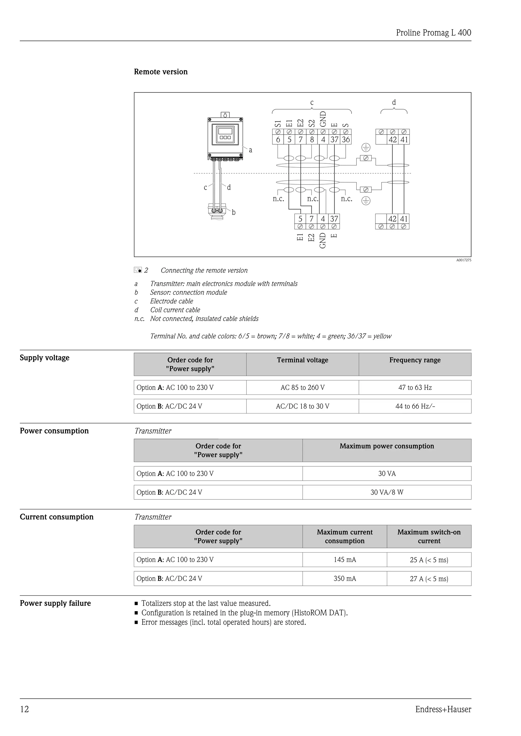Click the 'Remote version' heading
click(x=161, y=72)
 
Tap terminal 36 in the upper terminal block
click(x=345, y=140)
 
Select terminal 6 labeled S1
click(x=278, y=140)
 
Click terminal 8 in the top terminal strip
click(x=312, y=140)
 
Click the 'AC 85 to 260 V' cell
click(x=302, y=388)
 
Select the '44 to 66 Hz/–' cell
click(x=415, y=406)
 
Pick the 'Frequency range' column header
click(x=415, y=360)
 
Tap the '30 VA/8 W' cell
click(x=387, y=492)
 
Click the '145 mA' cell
click(x=344, y=560)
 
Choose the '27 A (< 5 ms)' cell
click(x=429, y=579)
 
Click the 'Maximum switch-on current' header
click(x=429, y=536)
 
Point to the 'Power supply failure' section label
click(x=55, y=603)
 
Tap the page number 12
click(x=24, y=709)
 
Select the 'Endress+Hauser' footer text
click(x=443, y=709)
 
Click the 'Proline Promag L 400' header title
click(x=433, y=33)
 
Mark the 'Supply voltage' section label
click(x=45, y=358)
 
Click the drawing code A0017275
click(x=464, y=260)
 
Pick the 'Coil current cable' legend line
click(x=175, y=310)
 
